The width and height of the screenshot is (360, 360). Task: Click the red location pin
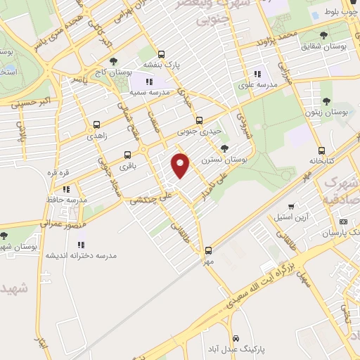click(x=181, y=165)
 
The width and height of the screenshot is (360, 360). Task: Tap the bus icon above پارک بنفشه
click(x=162, y=53)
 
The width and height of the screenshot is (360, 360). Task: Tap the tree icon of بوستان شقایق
click(x=323, y=35)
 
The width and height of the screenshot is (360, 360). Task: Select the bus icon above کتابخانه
click(x=321, y=150)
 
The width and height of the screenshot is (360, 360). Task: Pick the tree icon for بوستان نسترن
click(x=224, y=148)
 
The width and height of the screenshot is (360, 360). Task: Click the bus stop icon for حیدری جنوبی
click(x=199, y=120)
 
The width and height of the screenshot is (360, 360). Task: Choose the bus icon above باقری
click(x=127, y=155)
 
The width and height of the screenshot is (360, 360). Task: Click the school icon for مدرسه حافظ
click(x=67, y=189)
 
